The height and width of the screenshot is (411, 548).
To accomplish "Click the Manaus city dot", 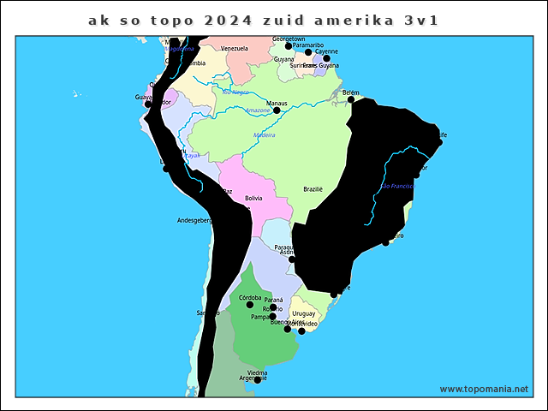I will click(277, 110).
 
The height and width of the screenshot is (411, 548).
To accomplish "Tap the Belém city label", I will click(350, 92).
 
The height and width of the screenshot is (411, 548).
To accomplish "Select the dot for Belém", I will click(350, 100).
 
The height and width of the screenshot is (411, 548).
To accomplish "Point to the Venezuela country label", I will click(234, 49).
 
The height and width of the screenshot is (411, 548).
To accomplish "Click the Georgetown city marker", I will click(289, 46).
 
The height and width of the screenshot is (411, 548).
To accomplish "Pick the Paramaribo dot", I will click(308, 52).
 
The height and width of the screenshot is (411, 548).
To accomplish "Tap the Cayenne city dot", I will click(326, 59).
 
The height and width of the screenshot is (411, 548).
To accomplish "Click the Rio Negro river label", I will click(235, 92).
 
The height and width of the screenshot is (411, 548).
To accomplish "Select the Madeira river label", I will click(265, 135).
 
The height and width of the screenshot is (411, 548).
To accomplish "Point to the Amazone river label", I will click(258, 110).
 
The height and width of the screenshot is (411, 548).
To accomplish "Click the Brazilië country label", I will click(313, 189).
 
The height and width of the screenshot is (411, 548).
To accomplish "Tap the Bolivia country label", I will click(253, 198).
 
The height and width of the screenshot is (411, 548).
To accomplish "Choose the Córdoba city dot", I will click(250, 305).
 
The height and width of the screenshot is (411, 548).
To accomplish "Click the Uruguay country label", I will click(304, 314).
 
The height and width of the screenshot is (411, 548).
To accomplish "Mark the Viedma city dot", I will click(257, 380).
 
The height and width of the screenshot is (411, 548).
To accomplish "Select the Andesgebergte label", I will click(194, 220).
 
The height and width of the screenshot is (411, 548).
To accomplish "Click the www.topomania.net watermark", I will click(484, 389).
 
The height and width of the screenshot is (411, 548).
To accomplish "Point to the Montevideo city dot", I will click(301, 331).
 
